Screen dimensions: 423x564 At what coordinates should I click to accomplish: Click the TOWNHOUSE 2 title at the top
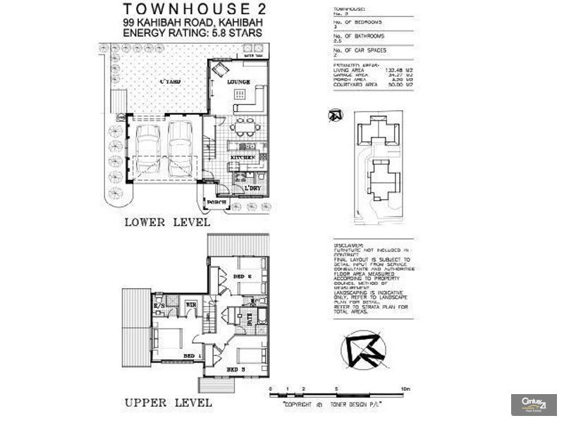(195, 9)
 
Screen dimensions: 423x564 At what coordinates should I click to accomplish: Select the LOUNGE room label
(238, 82)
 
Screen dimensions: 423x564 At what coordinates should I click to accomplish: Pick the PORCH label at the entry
(216, 203)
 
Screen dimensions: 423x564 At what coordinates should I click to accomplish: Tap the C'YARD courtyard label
(170, 82)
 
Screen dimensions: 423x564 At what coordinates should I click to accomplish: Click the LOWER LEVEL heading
(168, 222)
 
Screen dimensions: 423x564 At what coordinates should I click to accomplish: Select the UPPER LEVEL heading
(168, 403)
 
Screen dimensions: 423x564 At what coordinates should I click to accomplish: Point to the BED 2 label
(243, 277)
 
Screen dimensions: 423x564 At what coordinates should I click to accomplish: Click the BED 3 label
(235, 368)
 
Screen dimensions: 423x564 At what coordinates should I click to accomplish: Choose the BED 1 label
(190, 357)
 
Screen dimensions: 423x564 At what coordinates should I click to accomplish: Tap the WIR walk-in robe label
(190, 305)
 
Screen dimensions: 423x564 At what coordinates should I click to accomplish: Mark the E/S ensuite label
(159, 305)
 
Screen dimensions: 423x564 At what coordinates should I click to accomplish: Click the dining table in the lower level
(246, 130)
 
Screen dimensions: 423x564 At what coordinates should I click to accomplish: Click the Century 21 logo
(533, 405)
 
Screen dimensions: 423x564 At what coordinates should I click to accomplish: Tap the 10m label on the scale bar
(405, 389)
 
